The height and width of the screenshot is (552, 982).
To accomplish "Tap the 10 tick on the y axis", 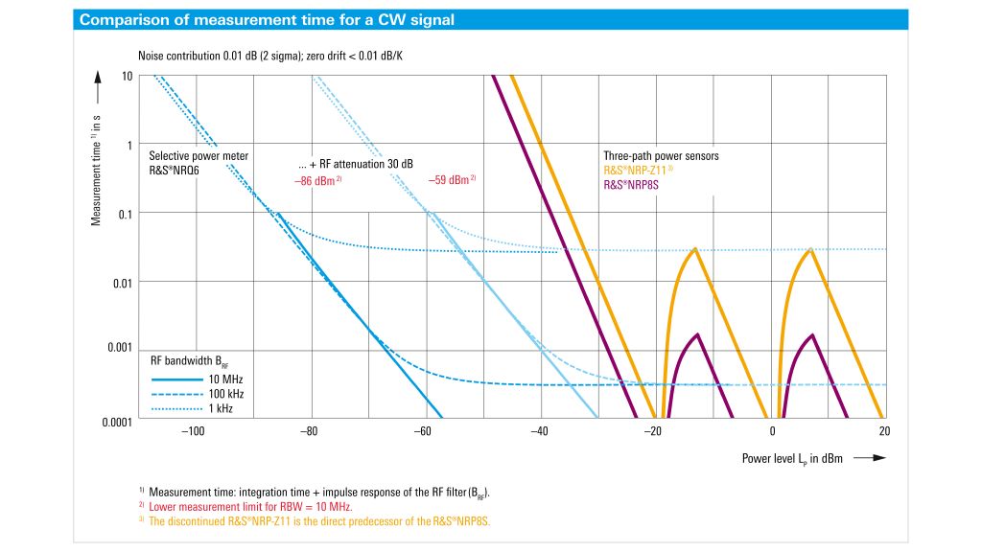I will [x=127, y=76].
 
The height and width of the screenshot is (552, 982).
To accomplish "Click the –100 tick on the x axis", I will [x=194, y=432].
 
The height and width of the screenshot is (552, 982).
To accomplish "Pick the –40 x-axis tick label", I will [x=539, y=432].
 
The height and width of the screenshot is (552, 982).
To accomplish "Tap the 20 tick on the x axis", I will [x=883, y=432].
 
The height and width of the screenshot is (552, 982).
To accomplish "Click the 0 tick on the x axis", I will [x=773, y=432].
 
